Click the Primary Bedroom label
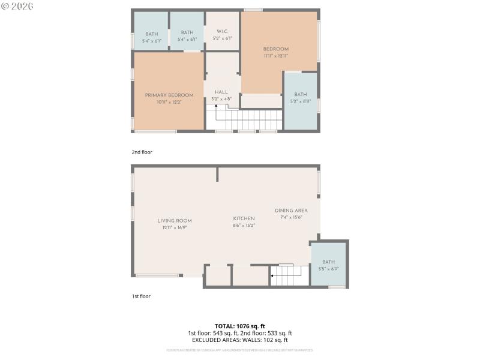(x=169, y=95)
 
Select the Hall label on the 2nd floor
(x=221, y=92)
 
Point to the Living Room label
(x=175, y=221)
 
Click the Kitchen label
(x=244, y=218)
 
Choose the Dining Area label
(x=291, y=211)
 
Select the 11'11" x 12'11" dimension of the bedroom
(x=275, y=56)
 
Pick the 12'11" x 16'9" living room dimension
(x=175, y=228)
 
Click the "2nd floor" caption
(x=142, y=152)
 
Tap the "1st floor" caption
(x=141, y=296)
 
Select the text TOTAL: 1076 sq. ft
(x=239, y=326)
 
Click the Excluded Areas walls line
(x=239, y=340)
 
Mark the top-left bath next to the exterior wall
(x=151, y=37)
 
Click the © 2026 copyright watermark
(x=17, y=6)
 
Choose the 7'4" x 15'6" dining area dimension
(x=291, y=217)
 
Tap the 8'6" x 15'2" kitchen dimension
(x=244, y=226)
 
